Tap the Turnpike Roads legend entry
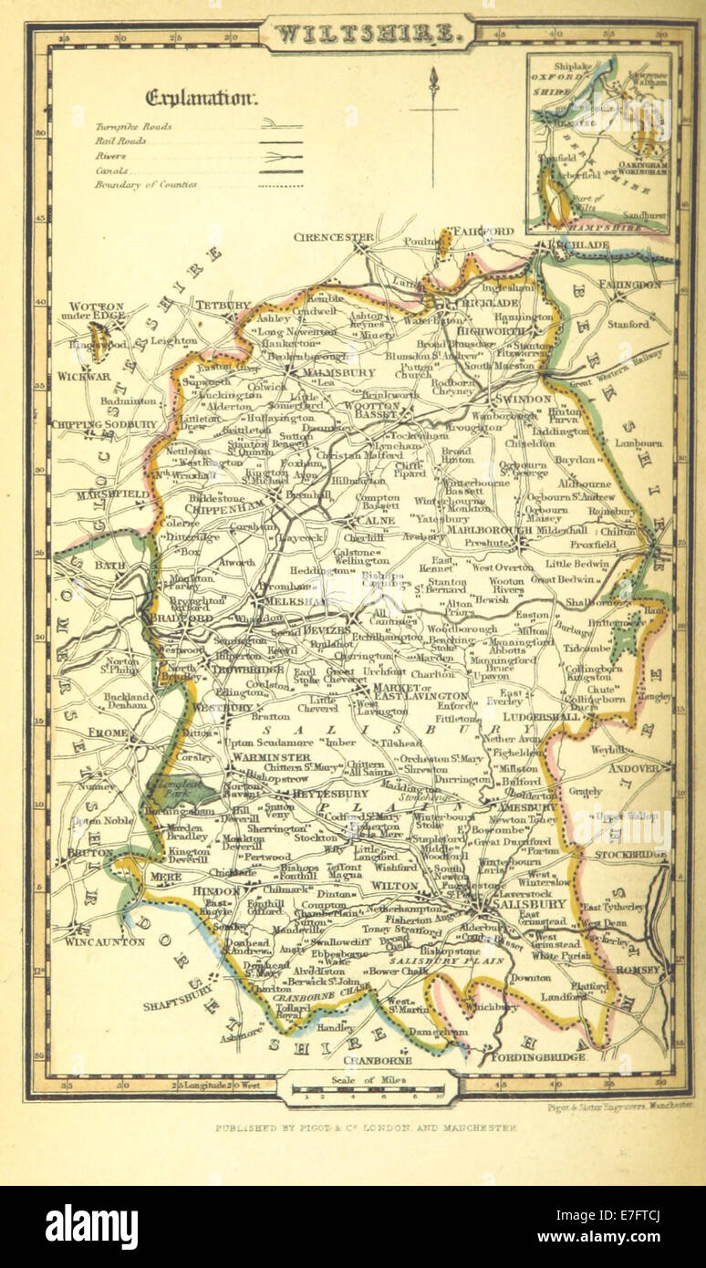coord(133,127)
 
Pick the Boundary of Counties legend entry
coord(145,184)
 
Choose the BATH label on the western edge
coord(110,566)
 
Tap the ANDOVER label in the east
coord(633,768)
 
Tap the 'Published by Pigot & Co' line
coord(366,1128)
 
